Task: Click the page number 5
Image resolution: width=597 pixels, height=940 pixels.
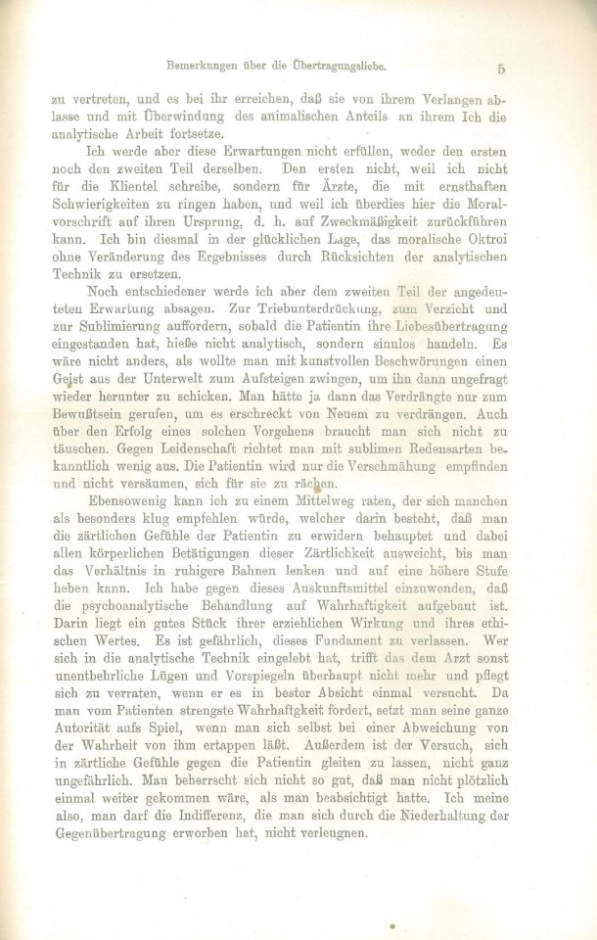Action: tap(500, 69)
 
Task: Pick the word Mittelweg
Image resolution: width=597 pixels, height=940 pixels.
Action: tap(292, 509)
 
